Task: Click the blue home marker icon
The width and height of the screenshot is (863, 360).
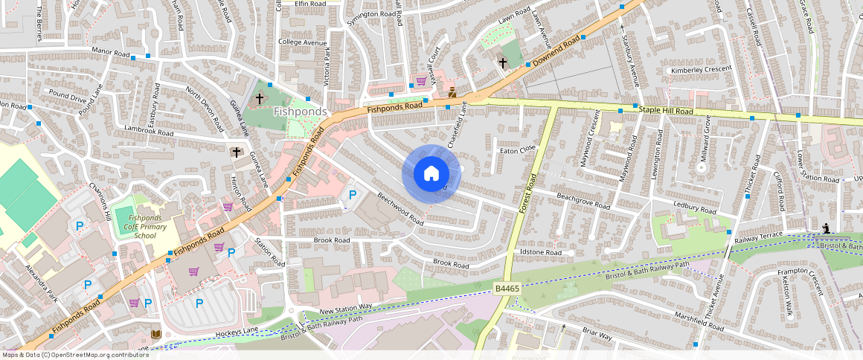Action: [431, 174]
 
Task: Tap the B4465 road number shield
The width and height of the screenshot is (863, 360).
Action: [507, 287]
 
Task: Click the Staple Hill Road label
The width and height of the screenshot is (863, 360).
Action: [666, 111]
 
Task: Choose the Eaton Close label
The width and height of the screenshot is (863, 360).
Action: [518, 150]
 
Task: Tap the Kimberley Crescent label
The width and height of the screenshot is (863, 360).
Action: [701, 69]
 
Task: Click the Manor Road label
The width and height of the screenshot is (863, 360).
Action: [110, 54]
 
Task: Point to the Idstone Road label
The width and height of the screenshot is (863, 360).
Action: [540, 253]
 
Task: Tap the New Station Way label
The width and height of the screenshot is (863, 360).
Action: [345, 307]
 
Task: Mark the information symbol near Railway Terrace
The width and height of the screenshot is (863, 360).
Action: [826, 228]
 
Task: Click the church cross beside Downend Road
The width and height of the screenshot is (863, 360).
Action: [502, 62]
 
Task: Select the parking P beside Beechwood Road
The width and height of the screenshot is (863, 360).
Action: [353, 195]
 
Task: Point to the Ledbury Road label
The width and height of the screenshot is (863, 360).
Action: [695, 210]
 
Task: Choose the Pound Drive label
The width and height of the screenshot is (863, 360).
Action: [68, 97]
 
